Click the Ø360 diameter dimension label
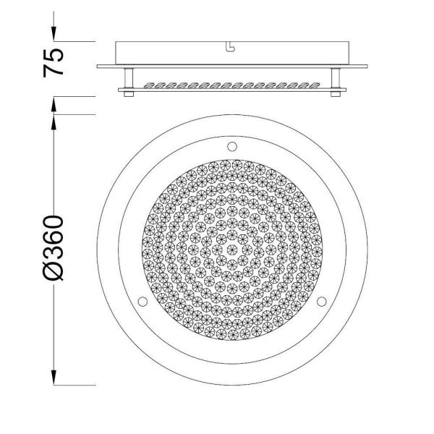coord(54,246)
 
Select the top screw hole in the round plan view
coord(232,147)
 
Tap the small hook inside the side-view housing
coord(231,48)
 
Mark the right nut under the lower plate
coord(335,94)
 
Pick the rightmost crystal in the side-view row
coord(316,85)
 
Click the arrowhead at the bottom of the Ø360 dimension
coord(54,378)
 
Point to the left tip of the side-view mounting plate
coord(98,67)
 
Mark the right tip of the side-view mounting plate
coord(367,67)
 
